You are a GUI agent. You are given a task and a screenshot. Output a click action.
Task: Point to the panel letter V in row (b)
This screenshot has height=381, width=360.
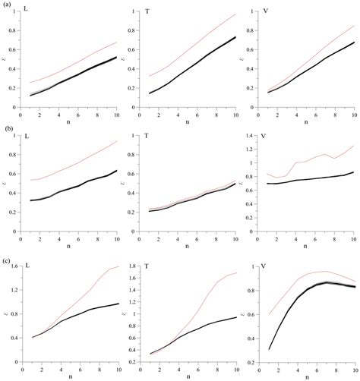tap(263, 137)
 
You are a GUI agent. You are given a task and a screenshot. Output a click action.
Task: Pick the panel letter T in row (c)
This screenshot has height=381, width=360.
tap(144, 266)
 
